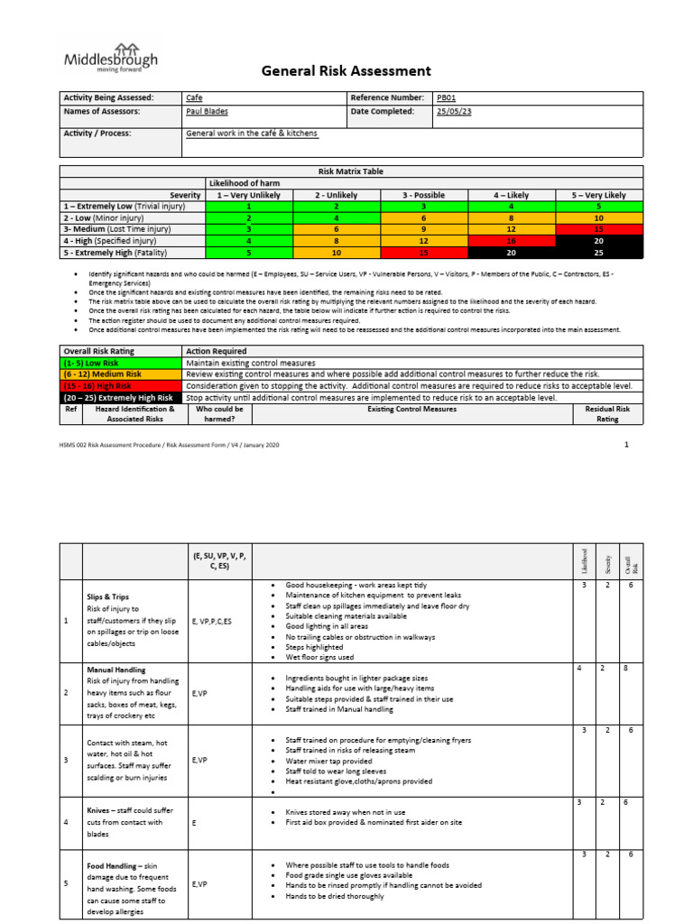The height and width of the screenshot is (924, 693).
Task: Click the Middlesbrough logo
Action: [x=110, y=58]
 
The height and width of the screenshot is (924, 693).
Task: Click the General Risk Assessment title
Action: [x=346, y=71]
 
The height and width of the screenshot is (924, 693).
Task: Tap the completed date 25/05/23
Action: [x=453, y=112]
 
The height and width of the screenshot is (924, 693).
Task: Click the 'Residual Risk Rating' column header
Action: [x=607, y=414]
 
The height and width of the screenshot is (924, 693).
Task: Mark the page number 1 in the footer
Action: [x=625, y=445]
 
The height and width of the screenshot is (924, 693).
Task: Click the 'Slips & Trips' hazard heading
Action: [x=107, y=597]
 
